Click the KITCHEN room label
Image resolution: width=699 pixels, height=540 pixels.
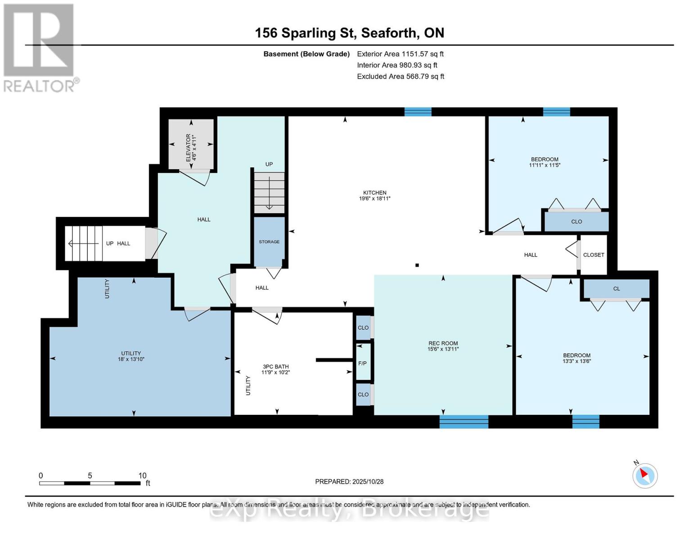pyautogui.click(x=374, y=193)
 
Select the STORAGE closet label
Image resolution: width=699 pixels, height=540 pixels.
pyautogui.click(x=269, y=242)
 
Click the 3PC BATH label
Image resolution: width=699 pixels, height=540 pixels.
pyautogui.click(x=275, y=367)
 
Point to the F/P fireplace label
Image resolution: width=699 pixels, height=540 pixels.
pyautogui.click(x=362, y=363)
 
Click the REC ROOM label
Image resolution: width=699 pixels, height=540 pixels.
pyautogui.click(x=443, y=343)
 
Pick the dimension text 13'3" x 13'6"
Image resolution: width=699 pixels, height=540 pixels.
pyautogui.click(x=577, y=361)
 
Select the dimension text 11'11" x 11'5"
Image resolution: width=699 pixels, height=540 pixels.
pyautogui.click(x=545, y=165)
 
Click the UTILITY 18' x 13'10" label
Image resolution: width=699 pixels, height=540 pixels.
pyautogui.click(x=131, y=356)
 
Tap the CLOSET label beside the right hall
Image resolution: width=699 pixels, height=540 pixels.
pyautogui.click(x=593, y=255)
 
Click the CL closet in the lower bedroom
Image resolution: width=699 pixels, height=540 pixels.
pyautogui.click(x=616, y=288)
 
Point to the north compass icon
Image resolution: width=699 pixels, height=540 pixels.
pyautogui.click(x=645, y=475)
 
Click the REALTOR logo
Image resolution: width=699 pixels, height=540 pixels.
pyautogui.click(x=40, y=47)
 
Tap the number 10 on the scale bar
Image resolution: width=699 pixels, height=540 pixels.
pyautogui.click(x=142, y=476)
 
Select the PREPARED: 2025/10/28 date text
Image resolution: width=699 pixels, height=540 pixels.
pyautogui.click(x=349, y=481)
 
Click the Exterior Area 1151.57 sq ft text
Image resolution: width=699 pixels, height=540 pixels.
pyautogui.click(x=400, y=54)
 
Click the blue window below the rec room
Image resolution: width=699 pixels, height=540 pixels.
pyautogui.click(x=464, y=422)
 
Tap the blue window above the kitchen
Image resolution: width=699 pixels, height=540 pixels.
pyautogui.click(x=418, y=112)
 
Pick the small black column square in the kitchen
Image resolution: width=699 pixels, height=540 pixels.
pyautogui.click(x=417, y=265)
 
